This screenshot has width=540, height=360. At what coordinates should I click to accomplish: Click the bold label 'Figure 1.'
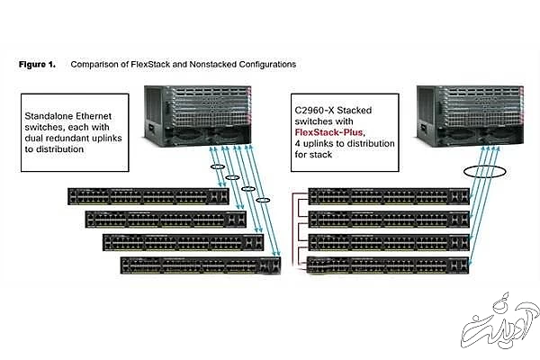click(37, 65)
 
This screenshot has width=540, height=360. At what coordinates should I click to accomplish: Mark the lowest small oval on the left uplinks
click(263, 199)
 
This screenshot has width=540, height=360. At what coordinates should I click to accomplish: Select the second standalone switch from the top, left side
click(166, 219)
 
